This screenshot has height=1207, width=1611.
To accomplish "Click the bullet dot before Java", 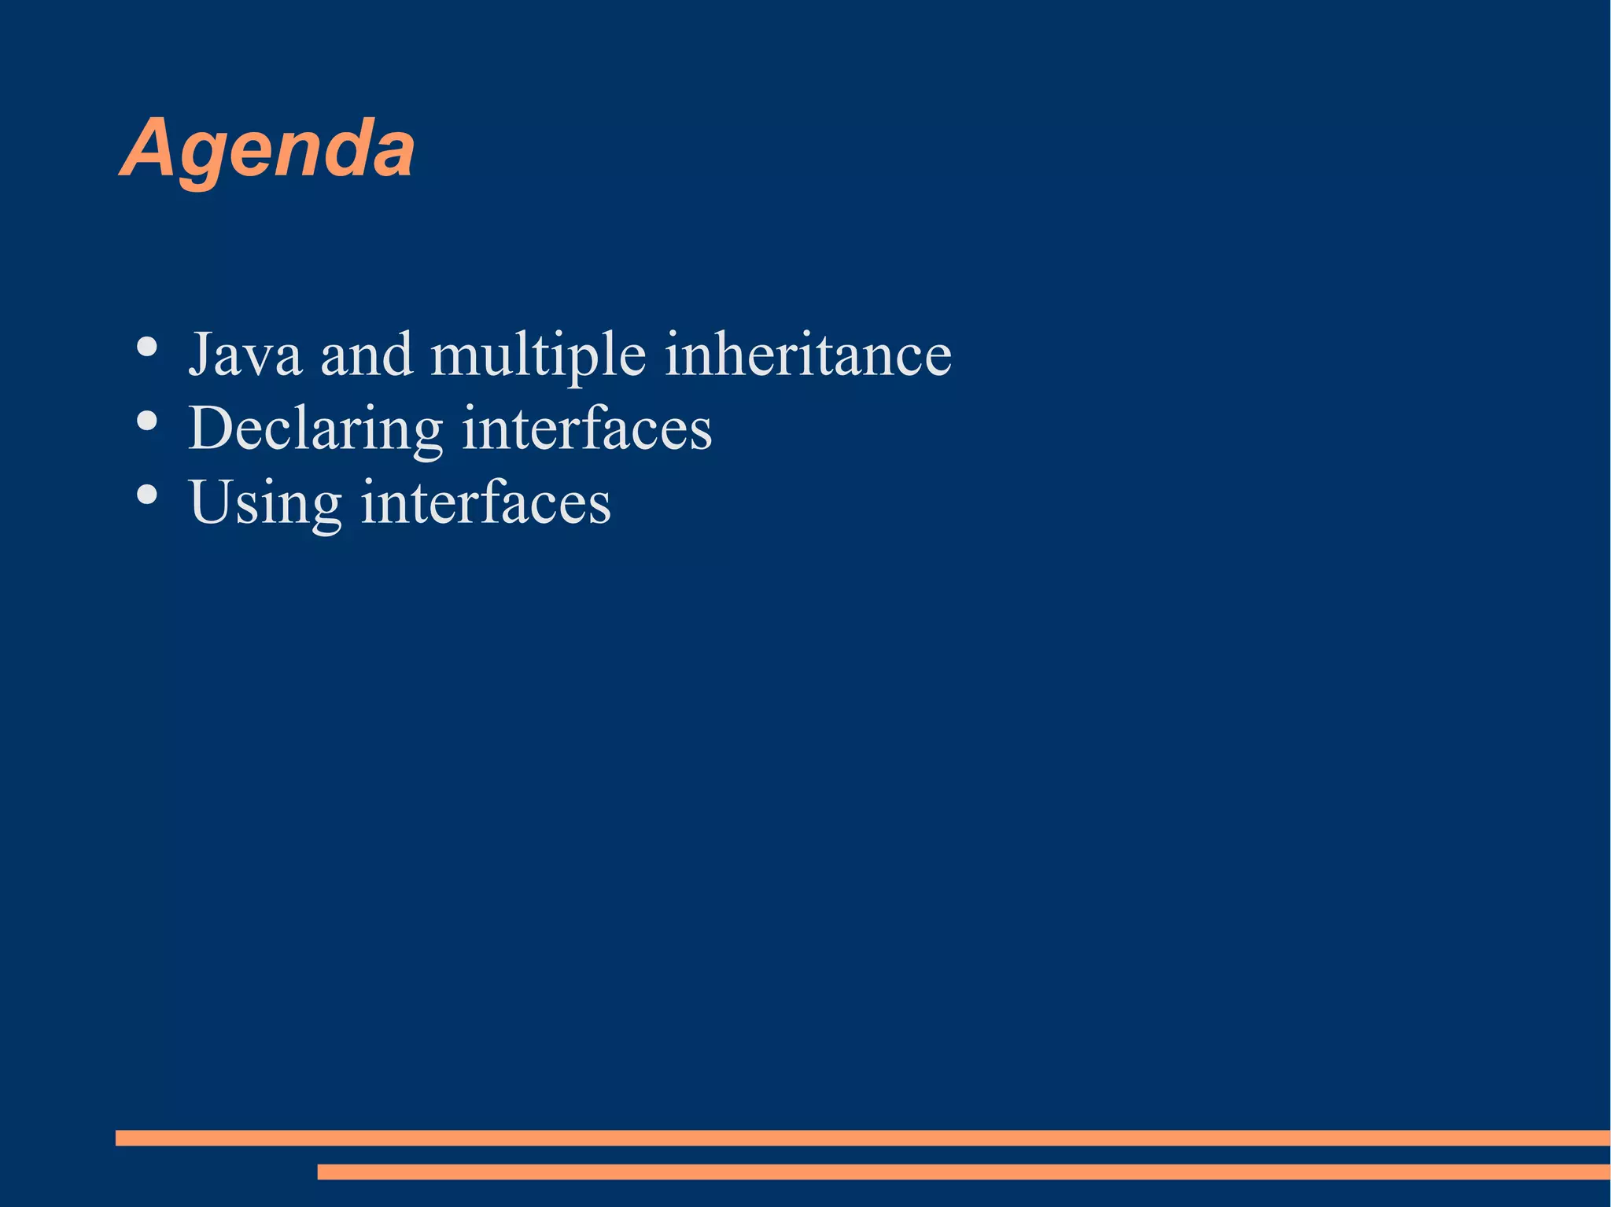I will click(x=147, y=347).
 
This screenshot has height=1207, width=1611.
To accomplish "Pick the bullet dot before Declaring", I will click(x=147, y=421).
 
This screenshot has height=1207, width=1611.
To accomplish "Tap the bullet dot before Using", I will click(x=147, y=495).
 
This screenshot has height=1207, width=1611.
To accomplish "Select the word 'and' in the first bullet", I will click(x=367, y=355).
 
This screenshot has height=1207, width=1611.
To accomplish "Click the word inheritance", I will click(x=808, y=355).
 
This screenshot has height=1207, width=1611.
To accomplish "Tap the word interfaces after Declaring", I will click(x=587, y=429).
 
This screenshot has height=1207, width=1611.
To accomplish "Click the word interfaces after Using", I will click(x=485, y=502).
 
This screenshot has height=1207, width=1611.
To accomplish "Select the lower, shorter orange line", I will click(x=963, y=1172).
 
